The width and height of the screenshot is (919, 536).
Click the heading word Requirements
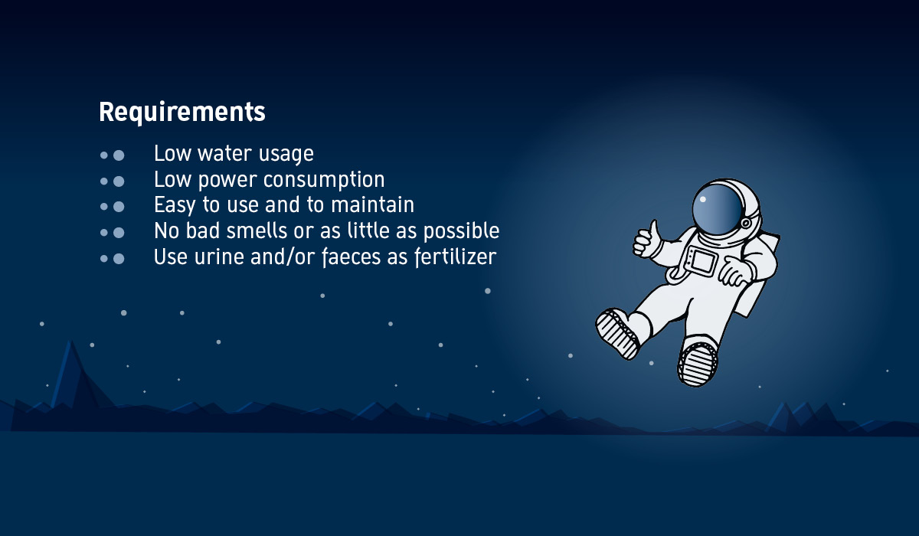[182, 113]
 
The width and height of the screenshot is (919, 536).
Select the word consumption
[324, 181]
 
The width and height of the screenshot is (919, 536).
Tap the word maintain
[372, 204]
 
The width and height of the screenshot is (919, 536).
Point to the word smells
[257, 230]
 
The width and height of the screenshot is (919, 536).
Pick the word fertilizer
[456, 257]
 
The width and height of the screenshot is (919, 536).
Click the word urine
[220, 257]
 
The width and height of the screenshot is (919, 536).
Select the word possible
[461, 231]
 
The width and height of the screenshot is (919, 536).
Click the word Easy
[175, 205]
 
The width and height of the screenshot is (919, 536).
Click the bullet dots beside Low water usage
[112, 155]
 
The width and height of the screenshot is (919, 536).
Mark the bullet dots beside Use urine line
[112, 258]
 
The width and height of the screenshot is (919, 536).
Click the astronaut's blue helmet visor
[717, 209]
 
